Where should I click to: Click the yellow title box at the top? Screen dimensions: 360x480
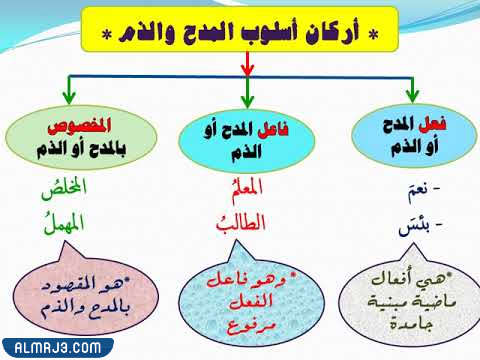click(x=239, y=31)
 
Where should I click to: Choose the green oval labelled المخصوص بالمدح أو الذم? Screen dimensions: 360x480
click(x=74, y=140)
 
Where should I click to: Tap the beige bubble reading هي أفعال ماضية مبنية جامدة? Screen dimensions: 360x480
click(x=407, y=296)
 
